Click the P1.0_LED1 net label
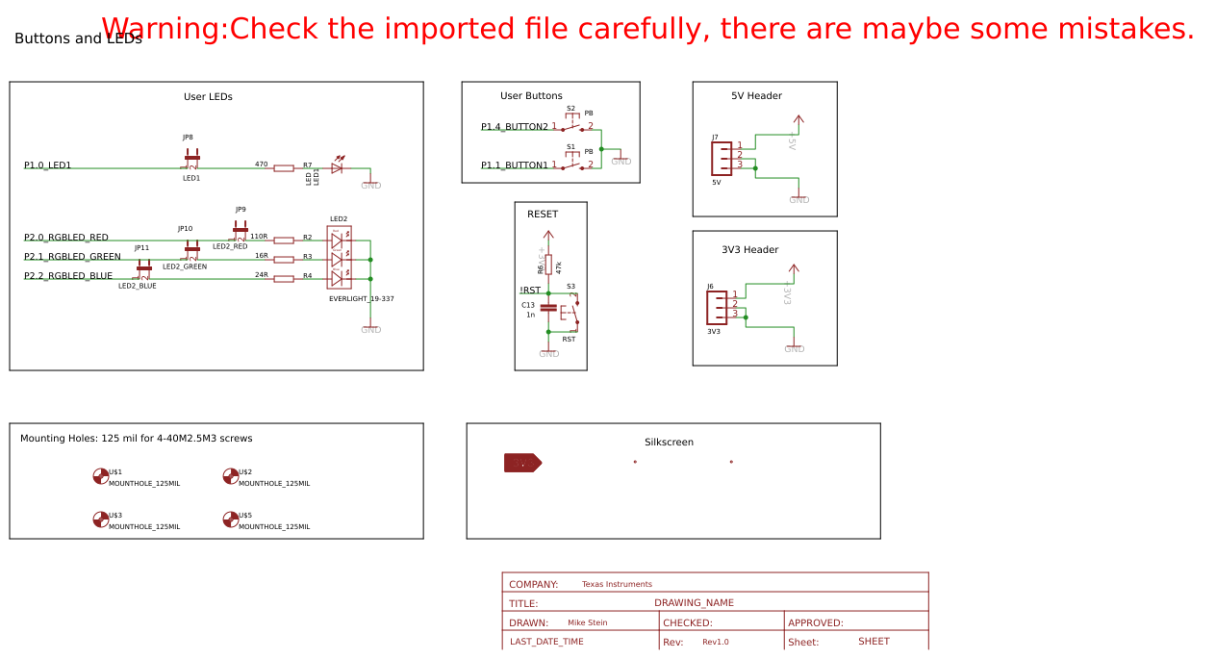[48, 165]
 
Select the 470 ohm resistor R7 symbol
[284, 168]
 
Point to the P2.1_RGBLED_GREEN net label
[73, 257]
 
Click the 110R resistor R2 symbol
[284, 241]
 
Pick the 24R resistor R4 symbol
[284, 279]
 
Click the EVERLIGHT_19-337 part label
[362, 299]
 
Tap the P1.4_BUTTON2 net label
[515, 127]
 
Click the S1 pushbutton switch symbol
[572, 165]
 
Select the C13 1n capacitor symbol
[548, 308]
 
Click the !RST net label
[530, 291]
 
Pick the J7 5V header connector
[722, 159]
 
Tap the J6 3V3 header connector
[717, 307]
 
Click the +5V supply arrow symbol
[798, 123]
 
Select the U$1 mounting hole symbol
[100, 476]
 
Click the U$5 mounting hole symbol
[230, 520]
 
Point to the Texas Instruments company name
[617, 584]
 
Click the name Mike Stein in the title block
[587, 622]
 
